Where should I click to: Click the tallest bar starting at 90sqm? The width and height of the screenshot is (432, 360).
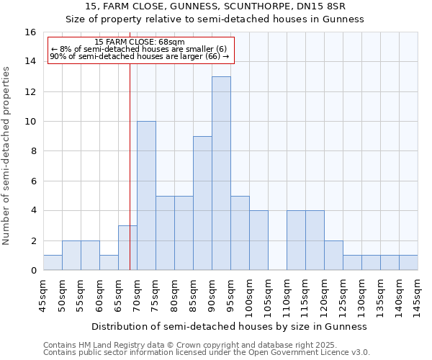click(221, 174)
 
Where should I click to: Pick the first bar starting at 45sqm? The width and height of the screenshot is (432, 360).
click(53, 263)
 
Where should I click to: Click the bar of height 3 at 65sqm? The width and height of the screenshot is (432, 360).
click(127, 248)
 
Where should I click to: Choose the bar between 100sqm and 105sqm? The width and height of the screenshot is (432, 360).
click(258, 240)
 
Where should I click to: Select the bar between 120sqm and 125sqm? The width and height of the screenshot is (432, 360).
click(333, 256)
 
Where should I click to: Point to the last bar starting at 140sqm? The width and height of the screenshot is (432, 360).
click(408, 263)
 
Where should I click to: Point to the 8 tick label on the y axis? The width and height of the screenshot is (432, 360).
click(33, 151)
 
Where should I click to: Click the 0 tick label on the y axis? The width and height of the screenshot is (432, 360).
click(33, 271)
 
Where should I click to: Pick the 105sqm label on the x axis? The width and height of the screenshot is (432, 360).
click(268, 294)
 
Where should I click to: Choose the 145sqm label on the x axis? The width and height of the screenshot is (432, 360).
click(418, 294)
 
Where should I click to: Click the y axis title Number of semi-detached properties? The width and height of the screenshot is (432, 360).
click(7, 155)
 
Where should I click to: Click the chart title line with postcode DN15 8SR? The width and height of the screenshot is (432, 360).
click(215, 6)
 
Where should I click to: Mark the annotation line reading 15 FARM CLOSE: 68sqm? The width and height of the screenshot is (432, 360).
click(140, 42)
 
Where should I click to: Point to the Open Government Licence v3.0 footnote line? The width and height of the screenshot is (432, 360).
click(207, 352)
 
